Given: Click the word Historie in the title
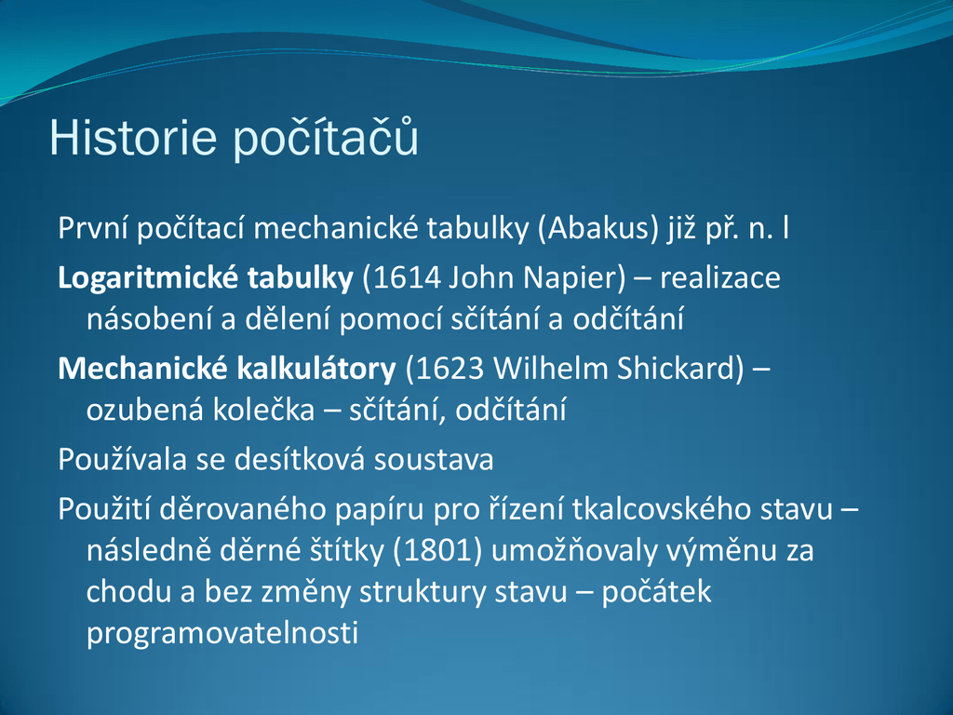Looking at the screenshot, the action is pyautogui.click(x=132, y=138).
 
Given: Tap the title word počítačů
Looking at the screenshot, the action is pyautogui.click(x=327, y=138).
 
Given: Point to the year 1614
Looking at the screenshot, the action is pyautogui.click(x=407, y=277).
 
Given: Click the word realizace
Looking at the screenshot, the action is pyautogui.click(x=720, y=277).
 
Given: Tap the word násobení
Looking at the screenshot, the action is pyautogui.click(x=150, y=318).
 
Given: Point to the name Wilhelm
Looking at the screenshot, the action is pyautogui.click(x=550, y=369).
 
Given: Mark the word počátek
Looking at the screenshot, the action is pyautogui.click(x=656, y=592).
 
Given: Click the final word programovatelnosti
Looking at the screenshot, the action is pyautogui.click(x=222, y=633).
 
